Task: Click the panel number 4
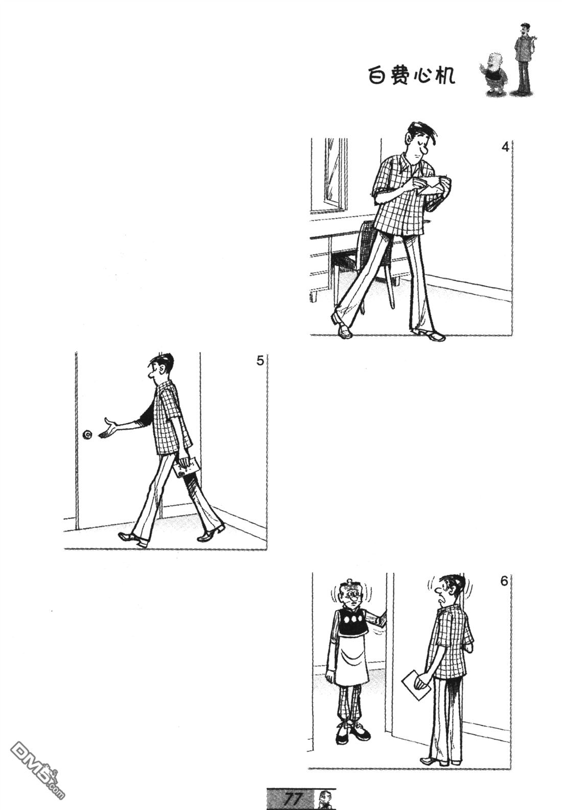pyautogui.click(x=505, y=147)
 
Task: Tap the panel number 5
pyautogui.click(x=260, y=361)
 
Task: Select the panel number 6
pyautogui.click(x=504, y=581)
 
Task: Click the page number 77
pyautogui.click(x=294, y=798)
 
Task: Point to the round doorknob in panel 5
pyautogui.click(x=87, y=435)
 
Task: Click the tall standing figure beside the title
pyautogui.click(x=524, y=60)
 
